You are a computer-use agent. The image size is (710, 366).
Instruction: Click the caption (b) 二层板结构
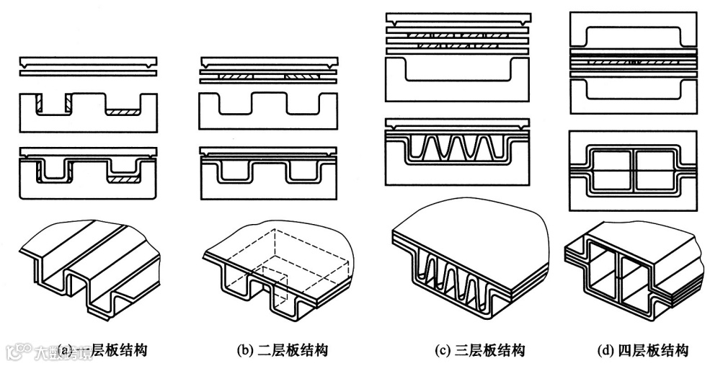point(283,351)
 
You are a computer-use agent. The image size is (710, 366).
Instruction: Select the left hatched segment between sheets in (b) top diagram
point(234,75)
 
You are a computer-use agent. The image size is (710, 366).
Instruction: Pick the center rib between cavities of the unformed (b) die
point(268,104)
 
